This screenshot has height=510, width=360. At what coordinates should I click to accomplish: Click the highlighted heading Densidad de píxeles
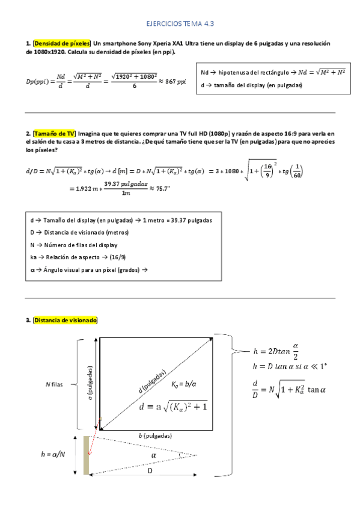pyautogui.click(x=63, y=44)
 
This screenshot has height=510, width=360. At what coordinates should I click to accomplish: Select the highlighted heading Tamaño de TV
pyautogui.click(x=55, y=133)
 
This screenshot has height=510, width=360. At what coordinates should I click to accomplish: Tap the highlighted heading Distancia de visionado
pyautogui.click(x=66, y=321)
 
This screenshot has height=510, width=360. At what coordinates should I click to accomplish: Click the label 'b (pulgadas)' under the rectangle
pyautogui.click(x=155, y=435)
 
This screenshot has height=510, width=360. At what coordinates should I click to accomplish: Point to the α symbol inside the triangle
pyautogui.click(x=154, y=456)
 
